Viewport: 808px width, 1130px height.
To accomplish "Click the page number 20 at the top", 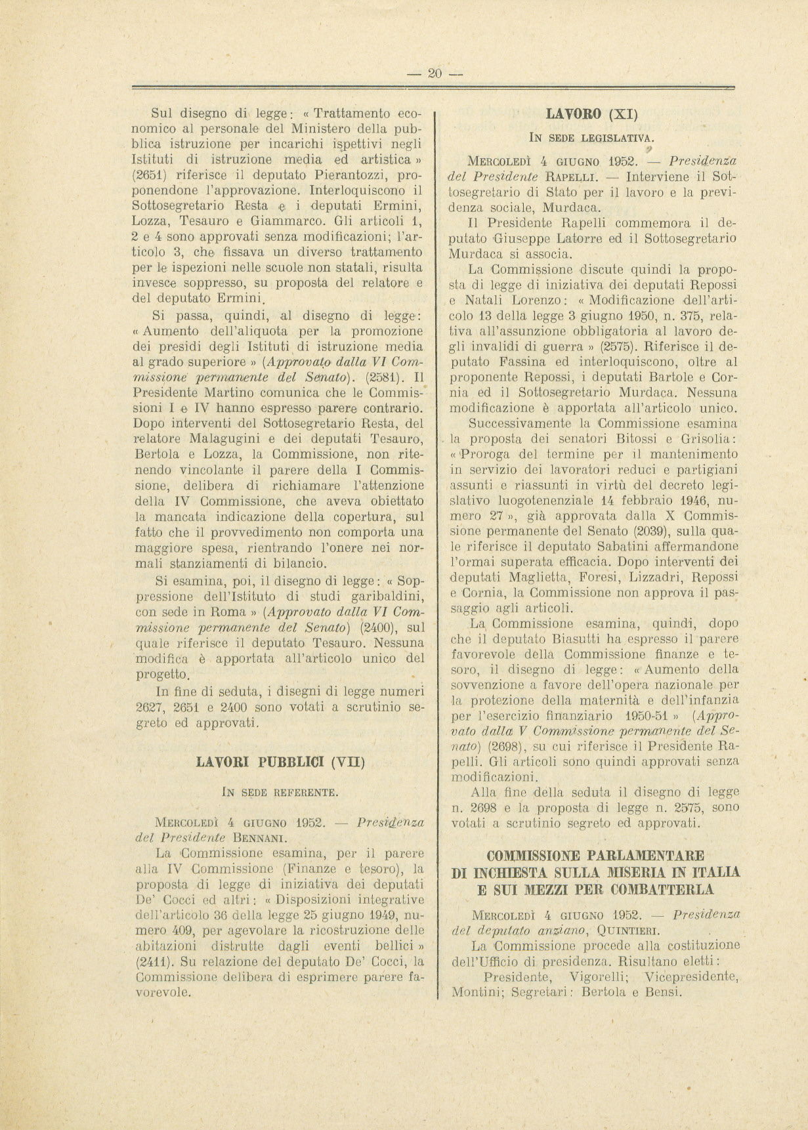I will (x=435, y=73).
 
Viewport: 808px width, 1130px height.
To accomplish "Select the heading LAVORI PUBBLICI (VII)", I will (x=280, y=763).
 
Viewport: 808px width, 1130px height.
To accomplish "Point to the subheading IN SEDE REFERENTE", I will (x=280, y=793).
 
